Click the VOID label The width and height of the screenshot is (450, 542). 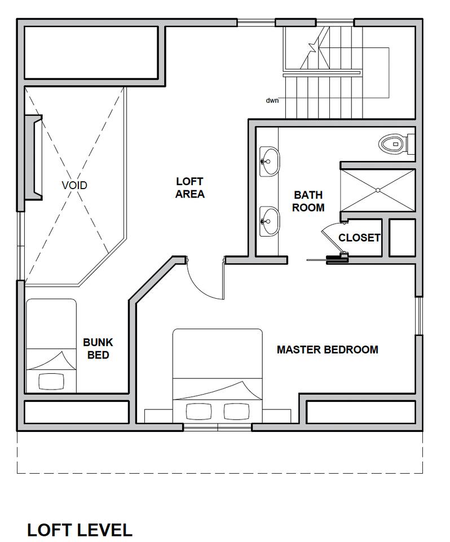pos(74,185)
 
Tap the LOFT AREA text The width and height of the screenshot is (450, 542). pos(190,187)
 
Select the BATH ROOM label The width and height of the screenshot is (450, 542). pos(308,201)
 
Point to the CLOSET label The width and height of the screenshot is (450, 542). pos(359,238)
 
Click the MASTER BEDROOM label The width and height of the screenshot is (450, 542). pos(328,349)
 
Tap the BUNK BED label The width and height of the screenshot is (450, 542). pos(98,348)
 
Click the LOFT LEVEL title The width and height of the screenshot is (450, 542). pos(80,530)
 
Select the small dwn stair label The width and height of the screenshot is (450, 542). pos(272,100)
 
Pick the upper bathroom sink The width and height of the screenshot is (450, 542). pos(269,161)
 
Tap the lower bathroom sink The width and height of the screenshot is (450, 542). pos(269,221)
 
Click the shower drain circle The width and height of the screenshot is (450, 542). pos(378,190)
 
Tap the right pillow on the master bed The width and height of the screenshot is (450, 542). pos(237,412)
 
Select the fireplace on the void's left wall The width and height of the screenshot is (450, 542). pos(34,158)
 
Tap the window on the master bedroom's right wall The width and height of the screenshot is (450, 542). pos(418,316)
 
